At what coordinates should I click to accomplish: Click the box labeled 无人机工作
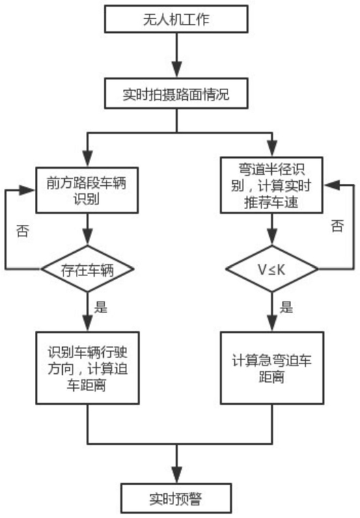pyautogui.click(x=176, y=19)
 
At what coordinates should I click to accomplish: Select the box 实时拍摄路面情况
pyautogui.click(x=176, y=94)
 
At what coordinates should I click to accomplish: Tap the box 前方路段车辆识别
pyautogui.click(x=87, y=190)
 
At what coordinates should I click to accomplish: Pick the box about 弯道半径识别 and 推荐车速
pyautogui.click(x=271, y=185)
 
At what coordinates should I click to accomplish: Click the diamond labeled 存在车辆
pyautogui.click(x=87, y=269)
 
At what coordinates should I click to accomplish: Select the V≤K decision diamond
pyautogui.click(x=272, y=269)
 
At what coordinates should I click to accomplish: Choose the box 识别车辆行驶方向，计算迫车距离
pyautogui.click(x=87, y=368)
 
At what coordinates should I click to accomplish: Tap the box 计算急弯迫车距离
pyautogui.click(x=272, y=368)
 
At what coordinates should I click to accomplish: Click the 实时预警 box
pyautogui.click(x=176, y=498)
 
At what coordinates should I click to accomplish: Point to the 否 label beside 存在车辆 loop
pyautogui.click(x=23, y=231)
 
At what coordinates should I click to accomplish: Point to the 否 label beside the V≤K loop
pyautogui.click(x=337, y=226)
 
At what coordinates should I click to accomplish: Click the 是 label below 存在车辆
pyautogui.click(x=100, y=307)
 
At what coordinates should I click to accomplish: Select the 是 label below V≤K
pyautogui.click(x=286, y=307)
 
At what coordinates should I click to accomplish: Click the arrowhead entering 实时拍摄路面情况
pyautogui.click(x=177, y=70)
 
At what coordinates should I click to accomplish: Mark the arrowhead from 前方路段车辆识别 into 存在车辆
pyautogui.click(x=87, y=238)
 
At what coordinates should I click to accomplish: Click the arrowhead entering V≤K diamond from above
pyautogui.click(x=272, y=238)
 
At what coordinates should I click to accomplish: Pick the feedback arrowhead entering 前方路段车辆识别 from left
pyautogui.click(x=28, y=190)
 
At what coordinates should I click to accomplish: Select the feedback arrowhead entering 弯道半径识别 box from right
pyautogui.click(x=331, y=185)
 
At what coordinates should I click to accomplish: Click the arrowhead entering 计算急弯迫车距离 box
pyautogui.click(x=272, y=323)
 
